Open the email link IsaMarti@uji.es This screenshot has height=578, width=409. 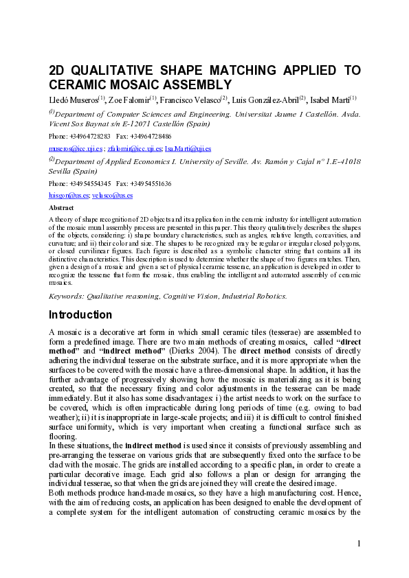(188, 148)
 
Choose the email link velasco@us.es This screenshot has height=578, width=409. (113, 195)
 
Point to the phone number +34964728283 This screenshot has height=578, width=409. (89, 136)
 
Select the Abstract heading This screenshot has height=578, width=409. (61, 206)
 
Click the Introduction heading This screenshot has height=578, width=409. (80, 315)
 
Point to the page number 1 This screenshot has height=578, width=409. (359, 544)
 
